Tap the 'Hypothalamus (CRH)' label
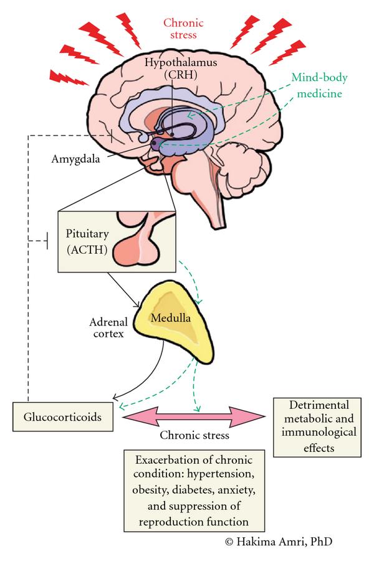point(175,69)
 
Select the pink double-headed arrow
point(194,415)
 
